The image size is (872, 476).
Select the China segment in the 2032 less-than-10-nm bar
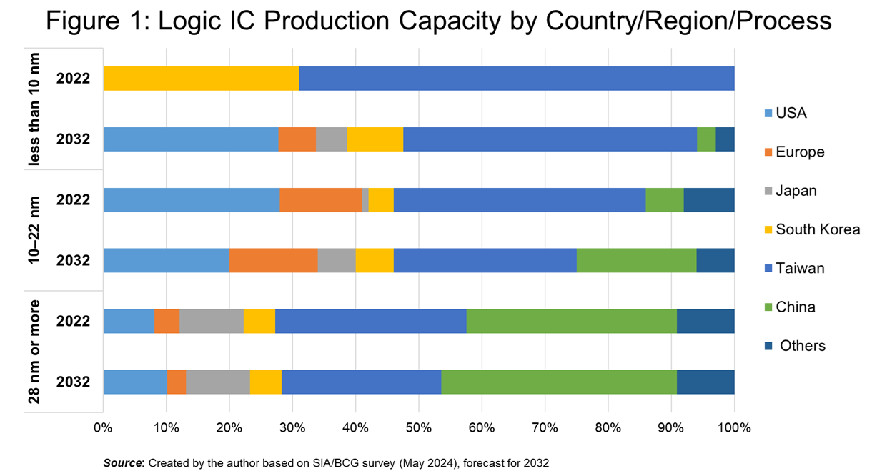point(705,139)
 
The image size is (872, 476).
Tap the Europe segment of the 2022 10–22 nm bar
point(321,199)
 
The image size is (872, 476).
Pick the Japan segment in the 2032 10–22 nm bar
point(336,260)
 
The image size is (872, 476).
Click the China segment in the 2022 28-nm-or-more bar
point(571,321)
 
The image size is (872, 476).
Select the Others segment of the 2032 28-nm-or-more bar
point(705,382)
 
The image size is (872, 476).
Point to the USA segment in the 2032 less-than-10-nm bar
point(191,139)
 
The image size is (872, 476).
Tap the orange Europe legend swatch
point(768,152)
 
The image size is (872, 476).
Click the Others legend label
point(803,346)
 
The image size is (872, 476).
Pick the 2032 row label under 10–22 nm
point(74,260)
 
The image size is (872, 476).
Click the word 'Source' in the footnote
point(123,463)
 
